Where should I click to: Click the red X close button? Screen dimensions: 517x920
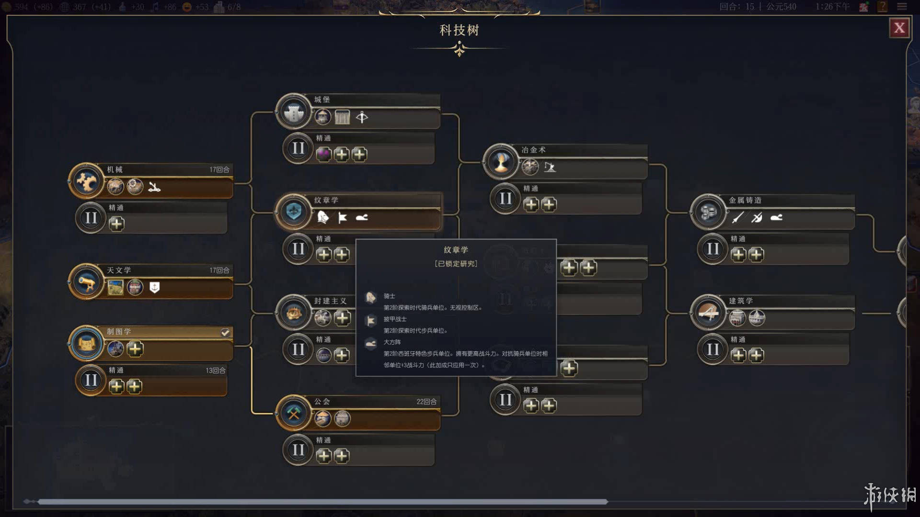[899, 28]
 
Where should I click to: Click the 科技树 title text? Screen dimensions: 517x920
[459, 31]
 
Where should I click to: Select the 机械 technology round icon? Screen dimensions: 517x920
[87, 181]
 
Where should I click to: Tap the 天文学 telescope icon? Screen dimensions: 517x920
[87, 282]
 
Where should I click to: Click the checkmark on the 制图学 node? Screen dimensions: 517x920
[225, 333]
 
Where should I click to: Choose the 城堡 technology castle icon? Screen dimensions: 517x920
[294, 112]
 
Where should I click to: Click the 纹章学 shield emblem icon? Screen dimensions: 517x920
[294, 212]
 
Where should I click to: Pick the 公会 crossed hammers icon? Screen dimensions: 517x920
[294, 413]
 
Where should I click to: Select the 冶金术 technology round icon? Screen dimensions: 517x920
[501, 162]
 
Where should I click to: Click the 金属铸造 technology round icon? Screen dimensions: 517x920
[708, 212]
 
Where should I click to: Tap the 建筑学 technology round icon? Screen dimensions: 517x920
[708, 313]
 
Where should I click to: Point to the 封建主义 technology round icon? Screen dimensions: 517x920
[294, 313]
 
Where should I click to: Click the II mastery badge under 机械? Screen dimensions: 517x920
[91, 218]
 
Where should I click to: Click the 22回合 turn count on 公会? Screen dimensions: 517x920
[426, 402]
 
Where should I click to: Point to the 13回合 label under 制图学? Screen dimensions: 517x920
[216, 371]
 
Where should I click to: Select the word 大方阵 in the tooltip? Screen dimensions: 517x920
[392, 342]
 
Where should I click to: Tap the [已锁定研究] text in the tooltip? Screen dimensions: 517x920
[456, 264]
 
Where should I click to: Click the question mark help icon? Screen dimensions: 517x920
[882, 7]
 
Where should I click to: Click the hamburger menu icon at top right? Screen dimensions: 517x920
[902, 7]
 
